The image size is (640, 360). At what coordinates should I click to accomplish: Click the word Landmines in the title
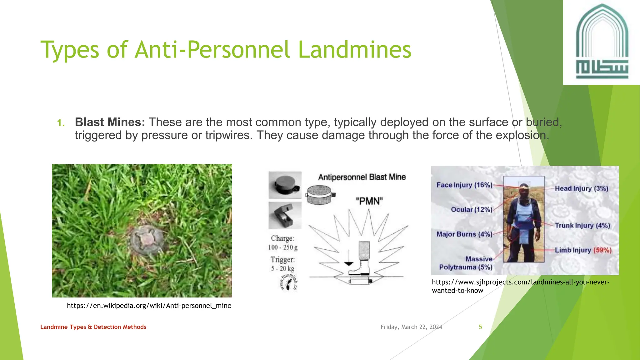pos(355,50)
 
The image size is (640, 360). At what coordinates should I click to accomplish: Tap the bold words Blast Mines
pos(110,122)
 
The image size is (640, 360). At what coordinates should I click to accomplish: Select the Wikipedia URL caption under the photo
pos(149,306)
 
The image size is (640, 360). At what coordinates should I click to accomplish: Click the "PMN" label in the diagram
pos(369,201)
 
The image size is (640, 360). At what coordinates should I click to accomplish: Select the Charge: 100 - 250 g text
pos(282,243)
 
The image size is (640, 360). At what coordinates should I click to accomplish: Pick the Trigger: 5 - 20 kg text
pos(282,264)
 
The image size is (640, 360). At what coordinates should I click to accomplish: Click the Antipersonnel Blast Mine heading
pos(362,177)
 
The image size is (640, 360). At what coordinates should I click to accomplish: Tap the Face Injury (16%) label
pos(464,185)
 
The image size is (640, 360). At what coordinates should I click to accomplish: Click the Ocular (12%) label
pos(471,210)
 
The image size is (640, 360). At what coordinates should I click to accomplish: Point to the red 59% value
pos(602,250)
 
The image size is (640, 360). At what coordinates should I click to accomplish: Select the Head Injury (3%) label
pos(581,188)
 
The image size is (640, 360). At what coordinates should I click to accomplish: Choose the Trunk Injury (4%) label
pos(582,226)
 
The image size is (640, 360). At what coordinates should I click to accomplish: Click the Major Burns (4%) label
pos(464,234)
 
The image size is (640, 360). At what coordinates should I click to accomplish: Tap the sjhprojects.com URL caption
pos(520,286)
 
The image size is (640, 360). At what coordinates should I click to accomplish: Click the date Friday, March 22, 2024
pos(411,327)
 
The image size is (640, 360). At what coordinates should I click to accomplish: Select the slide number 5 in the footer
pos(480,327)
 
